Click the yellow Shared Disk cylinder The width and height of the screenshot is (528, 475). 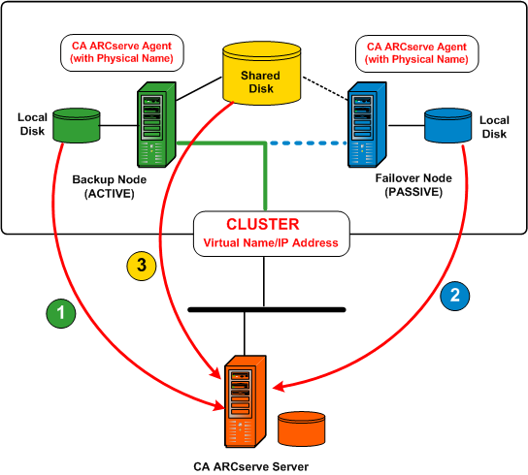262,74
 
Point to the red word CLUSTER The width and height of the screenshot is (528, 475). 263,224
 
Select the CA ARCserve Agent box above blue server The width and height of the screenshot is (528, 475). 414,51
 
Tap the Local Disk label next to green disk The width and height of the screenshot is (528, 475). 32,124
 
